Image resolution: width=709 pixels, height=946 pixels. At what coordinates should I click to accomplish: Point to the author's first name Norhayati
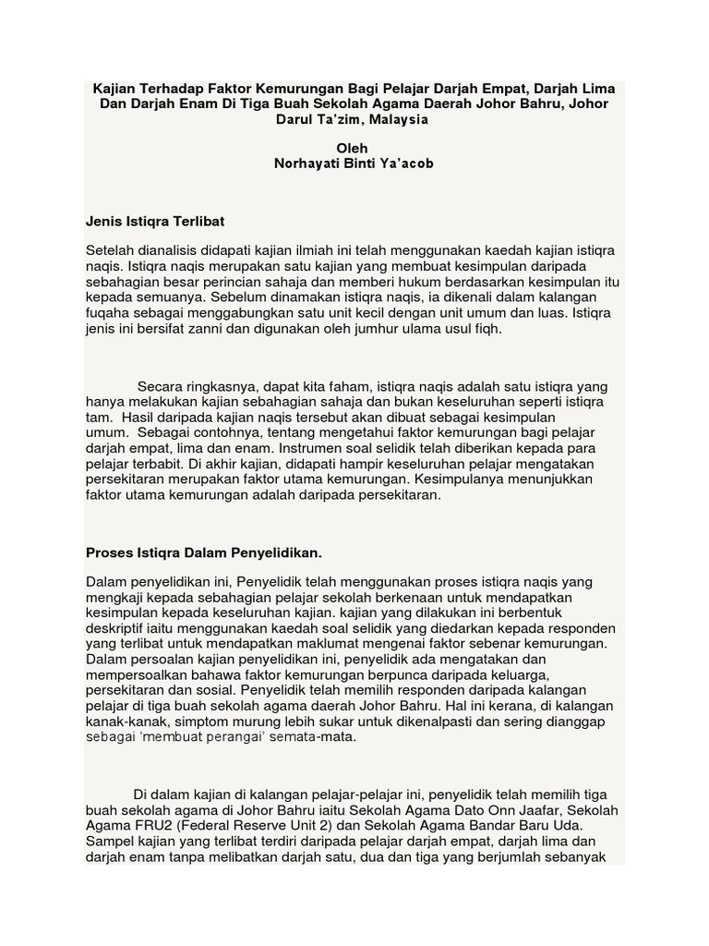point(304,164)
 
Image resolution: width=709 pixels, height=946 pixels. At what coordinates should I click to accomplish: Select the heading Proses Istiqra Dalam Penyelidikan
point(204,552)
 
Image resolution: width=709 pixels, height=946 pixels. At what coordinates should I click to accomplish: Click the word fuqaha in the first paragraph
point(109,313)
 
